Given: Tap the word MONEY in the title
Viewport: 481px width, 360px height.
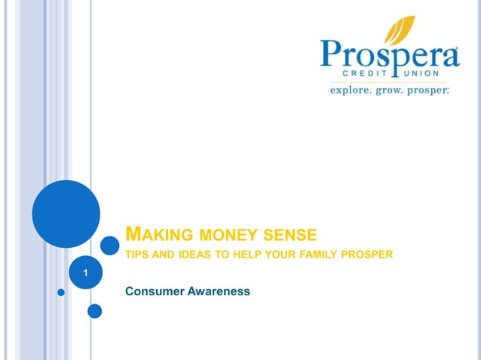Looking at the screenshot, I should tap(224, 232).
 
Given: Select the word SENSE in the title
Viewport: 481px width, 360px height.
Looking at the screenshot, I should tap(287, 232).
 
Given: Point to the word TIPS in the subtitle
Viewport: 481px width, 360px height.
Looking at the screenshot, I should tap(137, 255).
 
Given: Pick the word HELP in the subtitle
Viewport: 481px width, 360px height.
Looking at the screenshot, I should tap(247, 255).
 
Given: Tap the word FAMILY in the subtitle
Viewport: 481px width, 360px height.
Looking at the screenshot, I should tap(317, 255).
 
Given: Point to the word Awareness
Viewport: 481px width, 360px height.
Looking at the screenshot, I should tap(220, 291).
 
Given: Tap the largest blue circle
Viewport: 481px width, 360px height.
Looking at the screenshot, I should tap(66, 213).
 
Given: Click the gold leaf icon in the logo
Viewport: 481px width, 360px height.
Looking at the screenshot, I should tap(400, 32).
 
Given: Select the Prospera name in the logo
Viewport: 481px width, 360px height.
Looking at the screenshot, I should tap(389, 56).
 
